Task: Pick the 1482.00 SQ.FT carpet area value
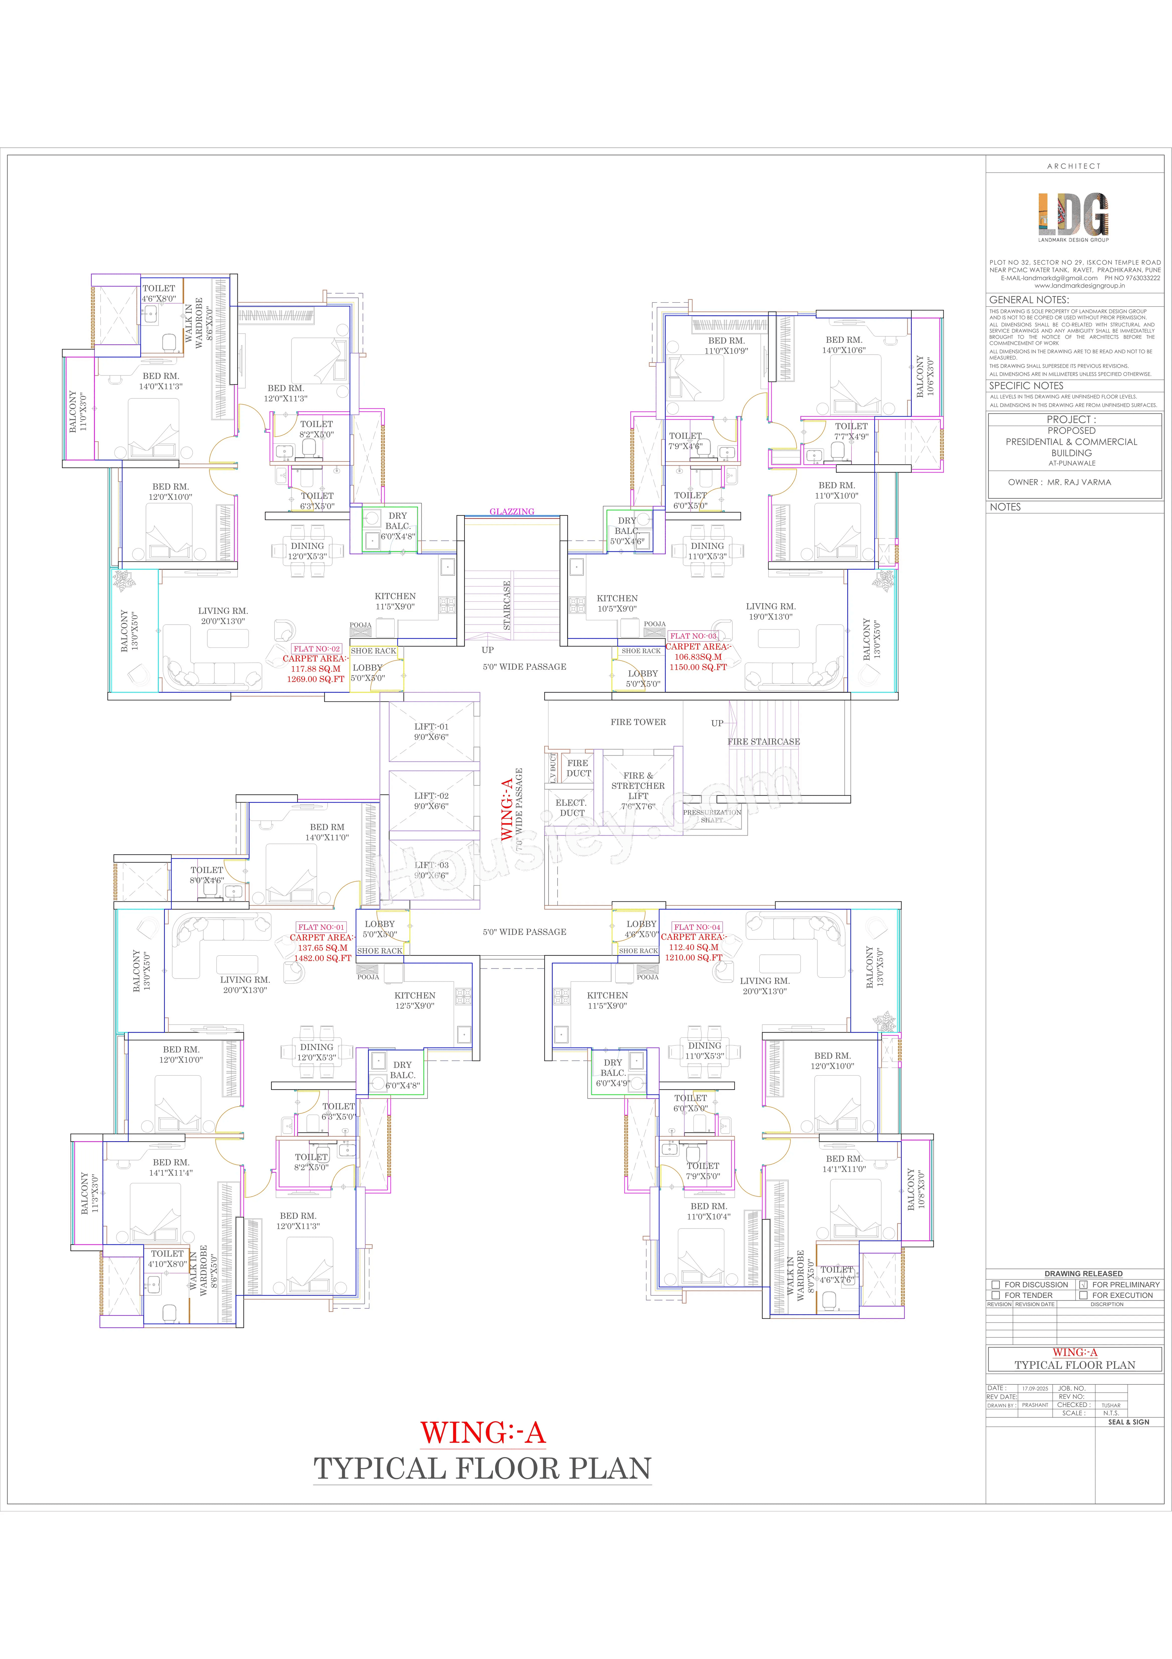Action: pyautogui.click(x=322, y=958)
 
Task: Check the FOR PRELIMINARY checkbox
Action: pyautogui.click(x=1083, y=1285)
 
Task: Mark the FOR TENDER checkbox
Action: pyautogui.click(x=996, y=1296)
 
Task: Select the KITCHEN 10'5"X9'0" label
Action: pyautogui.click(x=617, y=603)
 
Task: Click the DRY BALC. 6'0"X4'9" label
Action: pyautogui.click(x=613, y=1073)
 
